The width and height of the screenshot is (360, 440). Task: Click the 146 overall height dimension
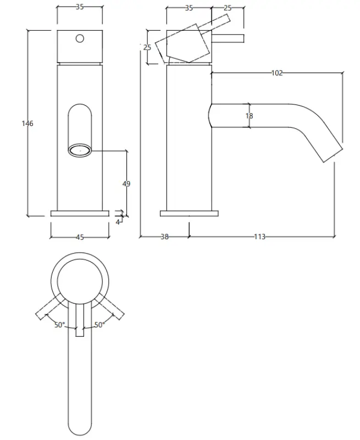tap(27, 123)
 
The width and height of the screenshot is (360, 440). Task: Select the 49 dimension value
tap(126, 184)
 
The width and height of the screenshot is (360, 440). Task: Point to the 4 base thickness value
tap(118, 222)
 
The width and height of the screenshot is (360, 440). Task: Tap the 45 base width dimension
tap(80, 237)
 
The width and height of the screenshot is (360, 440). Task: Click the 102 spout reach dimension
tap(277, 73)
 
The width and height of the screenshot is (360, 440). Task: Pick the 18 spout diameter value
tap(250, 116)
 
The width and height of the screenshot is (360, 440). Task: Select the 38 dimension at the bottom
tap(164, 237)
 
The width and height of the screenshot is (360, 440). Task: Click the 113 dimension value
tap(260, 237)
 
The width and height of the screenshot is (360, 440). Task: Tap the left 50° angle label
tap(59, 325)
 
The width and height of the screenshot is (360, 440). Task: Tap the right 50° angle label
tap(99, 325)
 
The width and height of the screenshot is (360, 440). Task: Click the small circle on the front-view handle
tap(80, 38)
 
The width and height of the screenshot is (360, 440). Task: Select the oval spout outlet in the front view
tap(80, 149)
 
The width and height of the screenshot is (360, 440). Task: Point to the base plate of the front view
tap(80, 213)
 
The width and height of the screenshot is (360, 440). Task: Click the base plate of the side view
tap(189, 213)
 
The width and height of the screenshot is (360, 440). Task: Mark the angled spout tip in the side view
tap(330, 154)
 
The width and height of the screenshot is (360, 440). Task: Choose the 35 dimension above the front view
tap(80, 8)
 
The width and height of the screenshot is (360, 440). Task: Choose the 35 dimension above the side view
tap(189, 8)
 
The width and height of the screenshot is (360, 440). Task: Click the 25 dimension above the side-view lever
tap(228, 8)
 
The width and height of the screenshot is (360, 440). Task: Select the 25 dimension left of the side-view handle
tap(147, 47)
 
